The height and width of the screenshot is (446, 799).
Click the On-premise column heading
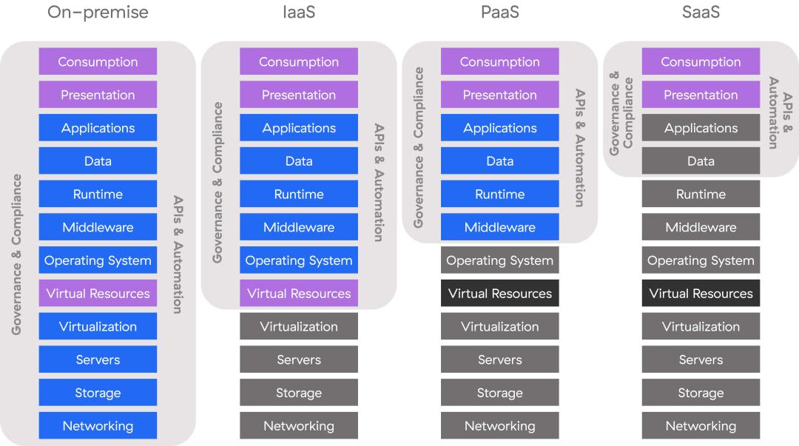coord(98,13)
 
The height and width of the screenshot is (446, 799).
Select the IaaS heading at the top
coord(299,13)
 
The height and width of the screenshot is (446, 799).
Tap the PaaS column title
coord(500,13)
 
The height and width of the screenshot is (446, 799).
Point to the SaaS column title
coord(701,13)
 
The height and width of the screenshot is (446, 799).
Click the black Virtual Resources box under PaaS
coord(500,294)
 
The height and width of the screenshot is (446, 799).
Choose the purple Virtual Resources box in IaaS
coord(299,294)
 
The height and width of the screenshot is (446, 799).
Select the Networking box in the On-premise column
coord(98,426)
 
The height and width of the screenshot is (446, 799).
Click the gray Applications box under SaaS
coord(701,128)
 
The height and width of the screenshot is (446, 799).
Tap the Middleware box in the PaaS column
coord(500,227)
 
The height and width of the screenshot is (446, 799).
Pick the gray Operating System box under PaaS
coord(500,260)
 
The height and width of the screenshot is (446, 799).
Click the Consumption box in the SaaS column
coord(701,62)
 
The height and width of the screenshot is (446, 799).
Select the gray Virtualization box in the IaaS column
coord(299,326)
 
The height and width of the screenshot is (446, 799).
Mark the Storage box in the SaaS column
coord(701,393)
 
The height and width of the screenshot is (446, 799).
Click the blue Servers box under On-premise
coord(98,359)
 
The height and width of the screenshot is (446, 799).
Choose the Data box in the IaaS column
coord(299,161)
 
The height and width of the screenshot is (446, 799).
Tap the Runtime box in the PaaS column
coord(500,195)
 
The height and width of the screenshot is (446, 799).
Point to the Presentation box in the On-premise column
coord(98,95)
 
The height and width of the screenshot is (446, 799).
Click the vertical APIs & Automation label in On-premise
coord(178,254)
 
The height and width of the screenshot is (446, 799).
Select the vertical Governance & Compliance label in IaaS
coord(218,183)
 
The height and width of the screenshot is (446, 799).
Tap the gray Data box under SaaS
coord(701,161)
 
